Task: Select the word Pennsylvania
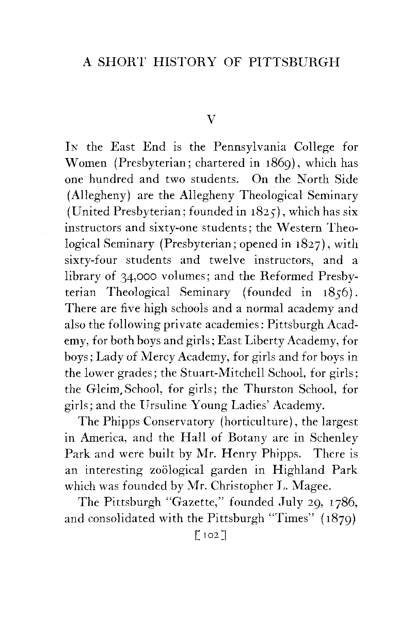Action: coord(250,147)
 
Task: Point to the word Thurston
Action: coord(269,389)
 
